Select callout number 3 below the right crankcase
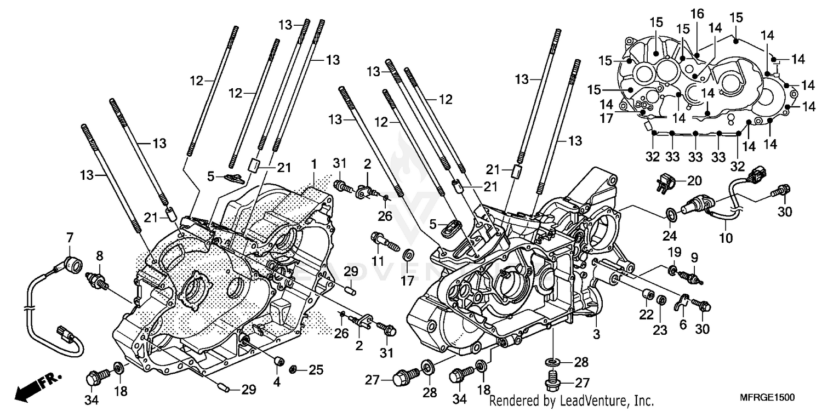[596, 334]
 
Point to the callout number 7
[70, 238]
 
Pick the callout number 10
[725, 239]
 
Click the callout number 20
[694, 181]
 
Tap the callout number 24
[669, 236]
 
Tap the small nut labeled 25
[293, 370]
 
